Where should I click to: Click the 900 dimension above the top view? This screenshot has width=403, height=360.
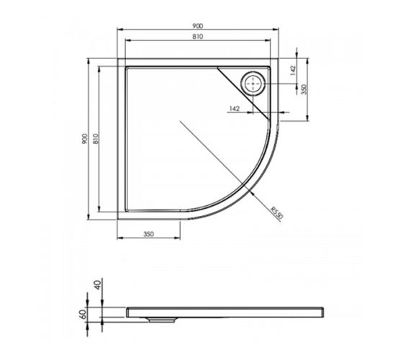[198, 26]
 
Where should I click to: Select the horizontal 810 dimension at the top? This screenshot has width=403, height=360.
[198, 37]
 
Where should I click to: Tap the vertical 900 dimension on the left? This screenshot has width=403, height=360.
[85, 138]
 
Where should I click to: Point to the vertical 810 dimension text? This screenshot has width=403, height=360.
[95, 138]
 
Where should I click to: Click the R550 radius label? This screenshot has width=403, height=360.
[276, 212]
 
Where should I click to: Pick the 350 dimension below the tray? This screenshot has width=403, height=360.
[148, 234]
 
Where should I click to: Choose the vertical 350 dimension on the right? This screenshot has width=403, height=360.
[304, 89]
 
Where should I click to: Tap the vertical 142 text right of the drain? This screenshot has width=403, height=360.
[293, 71]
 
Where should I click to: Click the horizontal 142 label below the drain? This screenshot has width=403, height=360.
[234, 109]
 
